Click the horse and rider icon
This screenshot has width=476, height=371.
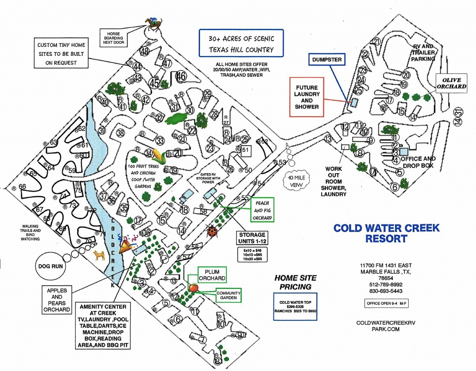(x=153, y=23)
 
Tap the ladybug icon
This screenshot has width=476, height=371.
(x=212, y=231)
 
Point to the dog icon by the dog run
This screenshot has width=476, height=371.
(x=99, y=255)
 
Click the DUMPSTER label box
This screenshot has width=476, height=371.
(x=327, y=59)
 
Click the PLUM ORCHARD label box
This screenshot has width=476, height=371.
(x=212, y=274)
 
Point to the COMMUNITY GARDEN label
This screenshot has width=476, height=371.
(x=228, y=295)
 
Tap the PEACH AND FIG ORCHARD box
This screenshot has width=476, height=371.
(x=262, y=209)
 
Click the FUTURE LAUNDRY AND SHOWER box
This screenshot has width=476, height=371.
(x=307, y=97)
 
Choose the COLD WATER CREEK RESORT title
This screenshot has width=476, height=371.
(x=386, y=233)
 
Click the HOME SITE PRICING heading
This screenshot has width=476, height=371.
(x=295, y=282)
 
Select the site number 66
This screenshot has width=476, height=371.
(x=22, y=187)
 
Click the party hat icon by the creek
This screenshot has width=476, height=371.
(x=125, y=246)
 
